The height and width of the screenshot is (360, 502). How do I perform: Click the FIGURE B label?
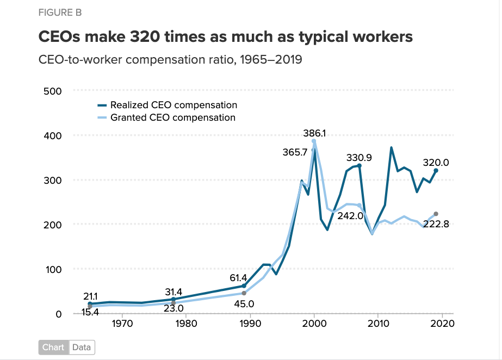pyautogui.click(x=60, y=13)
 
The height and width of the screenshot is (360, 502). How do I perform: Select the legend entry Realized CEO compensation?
pyautogui.click(x=173, y=105)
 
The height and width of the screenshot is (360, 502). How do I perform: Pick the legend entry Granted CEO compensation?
pyautogui.click(x=172, y=117)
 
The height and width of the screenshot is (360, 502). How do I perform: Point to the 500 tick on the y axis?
pyautogui.click(x=53, y=91)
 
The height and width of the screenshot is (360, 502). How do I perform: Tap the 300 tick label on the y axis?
pyautogui.click(x=53, y=180)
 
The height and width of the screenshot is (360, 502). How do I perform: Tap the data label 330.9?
pyautogui.click(x=359, y=158)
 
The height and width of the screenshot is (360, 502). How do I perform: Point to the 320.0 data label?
pyautogui.click(x=436, y=162)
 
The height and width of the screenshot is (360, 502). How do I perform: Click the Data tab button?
pyautogui.click(x=82, y=347)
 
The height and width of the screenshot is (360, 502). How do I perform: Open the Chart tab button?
pyautogui.click(x=53, y=347)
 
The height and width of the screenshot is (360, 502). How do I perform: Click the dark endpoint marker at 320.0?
pyautogui.click(x=436, y=171)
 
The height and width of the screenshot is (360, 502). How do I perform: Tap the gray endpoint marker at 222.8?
pyautogui.click(x=436, y=214)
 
